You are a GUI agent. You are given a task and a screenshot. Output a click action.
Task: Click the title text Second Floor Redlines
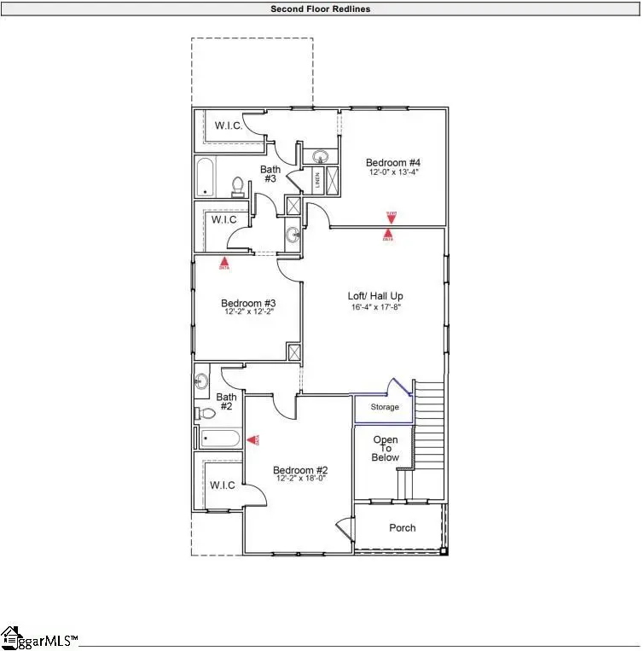321,9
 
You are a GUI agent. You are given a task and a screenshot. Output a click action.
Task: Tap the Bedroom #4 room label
393,163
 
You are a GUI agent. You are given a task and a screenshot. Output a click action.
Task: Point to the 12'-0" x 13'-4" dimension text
393,172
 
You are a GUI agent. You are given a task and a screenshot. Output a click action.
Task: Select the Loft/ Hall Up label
374,296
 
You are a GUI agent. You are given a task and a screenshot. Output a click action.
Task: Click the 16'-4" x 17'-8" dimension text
374,306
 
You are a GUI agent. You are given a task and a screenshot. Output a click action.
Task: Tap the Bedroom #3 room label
247,303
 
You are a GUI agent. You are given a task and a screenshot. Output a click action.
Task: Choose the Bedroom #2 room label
300,470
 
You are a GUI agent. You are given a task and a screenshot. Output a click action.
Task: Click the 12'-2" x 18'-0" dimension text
300,480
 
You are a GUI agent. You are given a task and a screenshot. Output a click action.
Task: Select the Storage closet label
384,408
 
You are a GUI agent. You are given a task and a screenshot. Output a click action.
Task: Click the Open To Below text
385,449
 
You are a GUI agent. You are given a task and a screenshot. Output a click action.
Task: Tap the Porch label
402,528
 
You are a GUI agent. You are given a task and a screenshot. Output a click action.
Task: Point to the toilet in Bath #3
239,186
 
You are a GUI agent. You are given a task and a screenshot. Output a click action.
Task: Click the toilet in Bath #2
205,414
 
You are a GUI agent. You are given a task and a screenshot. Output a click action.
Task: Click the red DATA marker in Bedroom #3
224,263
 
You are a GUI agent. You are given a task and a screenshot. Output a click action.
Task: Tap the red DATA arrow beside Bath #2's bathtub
253,439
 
